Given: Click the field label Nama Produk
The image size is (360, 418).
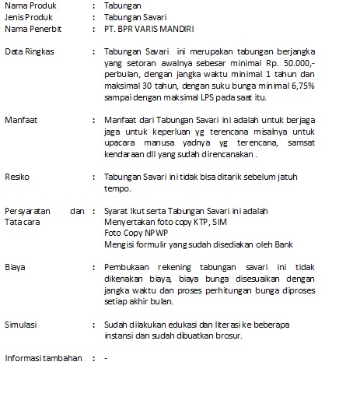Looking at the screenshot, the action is point(29,5).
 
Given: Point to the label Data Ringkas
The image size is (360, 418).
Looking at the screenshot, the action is point(28,51).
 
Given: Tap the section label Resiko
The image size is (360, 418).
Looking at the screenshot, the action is point(16,177).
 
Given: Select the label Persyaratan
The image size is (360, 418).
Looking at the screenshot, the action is point(29,212).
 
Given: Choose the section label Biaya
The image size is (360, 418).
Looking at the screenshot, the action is point(15,267).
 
